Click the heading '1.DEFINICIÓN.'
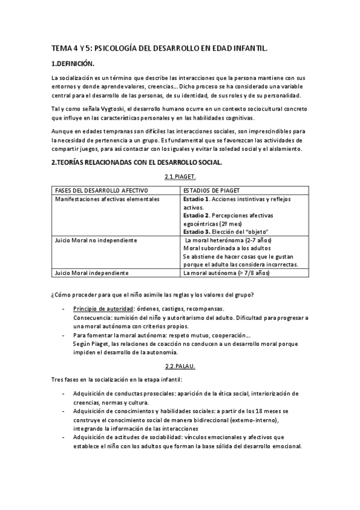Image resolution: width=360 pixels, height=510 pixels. coord(73,63)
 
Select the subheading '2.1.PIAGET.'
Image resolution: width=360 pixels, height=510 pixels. coord(180,177)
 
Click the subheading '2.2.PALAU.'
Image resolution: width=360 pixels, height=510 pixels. coord(180,366)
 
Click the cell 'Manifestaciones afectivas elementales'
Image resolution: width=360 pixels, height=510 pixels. coord(107,198)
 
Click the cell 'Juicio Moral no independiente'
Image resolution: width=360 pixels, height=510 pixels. coord(96,241)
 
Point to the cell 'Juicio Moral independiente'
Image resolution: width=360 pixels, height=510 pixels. coord(91,273)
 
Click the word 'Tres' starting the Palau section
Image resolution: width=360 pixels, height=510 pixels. coord(58,379)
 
